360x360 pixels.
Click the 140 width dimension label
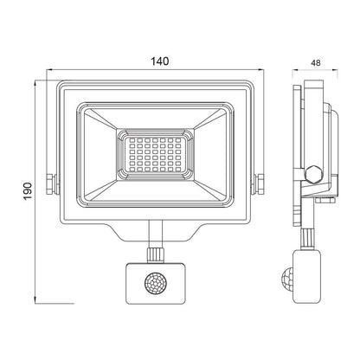(160, 61)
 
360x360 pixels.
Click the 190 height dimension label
(28, 190)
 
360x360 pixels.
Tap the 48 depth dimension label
(316, 63)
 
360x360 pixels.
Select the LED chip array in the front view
(156, 155)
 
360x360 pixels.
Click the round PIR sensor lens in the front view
(155, 284)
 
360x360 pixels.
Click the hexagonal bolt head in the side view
(313, 175)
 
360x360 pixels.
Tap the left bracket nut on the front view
(51, 184)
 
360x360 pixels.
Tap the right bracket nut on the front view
(260, 184)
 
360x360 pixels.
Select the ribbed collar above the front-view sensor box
(155, 254)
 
